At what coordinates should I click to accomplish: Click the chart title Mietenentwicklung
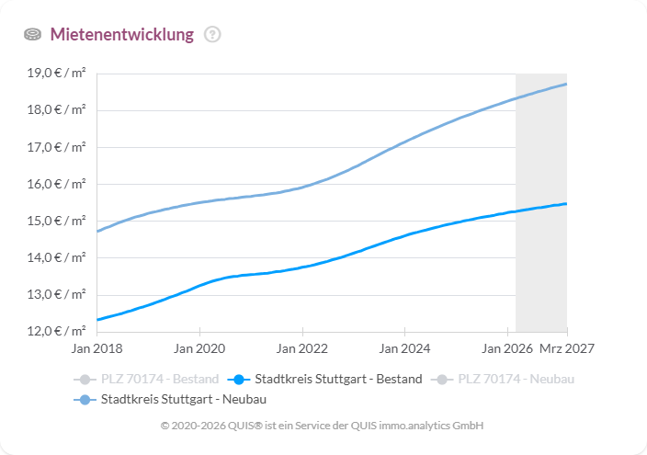121,35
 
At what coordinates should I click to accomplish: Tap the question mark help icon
212,35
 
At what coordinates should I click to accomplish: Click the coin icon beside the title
33,35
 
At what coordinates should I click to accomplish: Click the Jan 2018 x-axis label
96,349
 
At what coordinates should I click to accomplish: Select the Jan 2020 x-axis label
199,349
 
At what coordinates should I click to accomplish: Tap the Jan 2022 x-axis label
302,349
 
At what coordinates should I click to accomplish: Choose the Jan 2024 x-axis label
405,349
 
